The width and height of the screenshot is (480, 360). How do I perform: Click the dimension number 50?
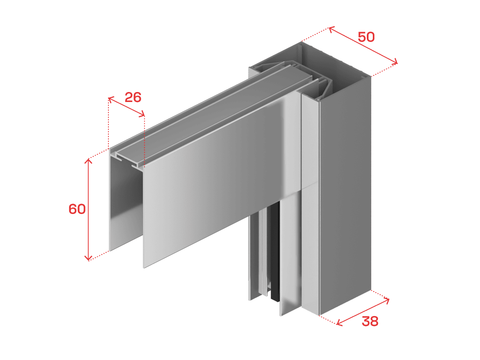[x=366, y=37]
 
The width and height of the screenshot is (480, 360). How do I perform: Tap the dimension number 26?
[x=133, y=97]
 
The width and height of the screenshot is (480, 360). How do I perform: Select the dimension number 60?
[x=77, y=209]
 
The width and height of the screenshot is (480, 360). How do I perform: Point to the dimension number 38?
[x=370, y=321]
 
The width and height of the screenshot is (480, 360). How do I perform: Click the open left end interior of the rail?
[x=126, y=203]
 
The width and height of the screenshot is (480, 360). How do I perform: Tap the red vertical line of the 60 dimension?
[x=88, y=209]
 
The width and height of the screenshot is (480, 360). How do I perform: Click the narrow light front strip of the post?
[x=310, y=203]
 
